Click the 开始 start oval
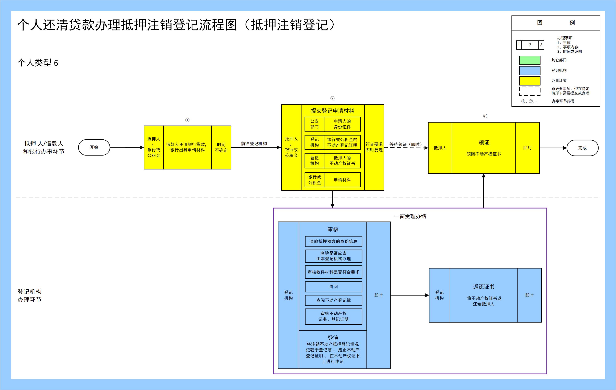(94, 147)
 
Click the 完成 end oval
(582, 148)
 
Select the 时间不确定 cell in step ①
(221, 147)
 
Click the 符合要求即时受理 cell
(374, 147)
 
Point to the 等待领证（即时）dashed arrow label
(406, 144)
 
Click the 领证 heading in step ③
(484, 142)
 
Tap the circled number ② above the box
(332, 99)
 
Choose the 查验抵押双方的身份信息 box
(333, 241)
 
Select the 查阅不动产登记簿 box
(333, 300)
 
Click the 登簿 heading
(333, 338)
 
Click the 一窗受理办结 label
(410, 216)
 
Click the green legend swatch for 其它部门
(529, 60)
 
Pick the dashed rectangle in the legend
(529, 91)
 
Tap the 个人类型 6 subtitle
(38, 63)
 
